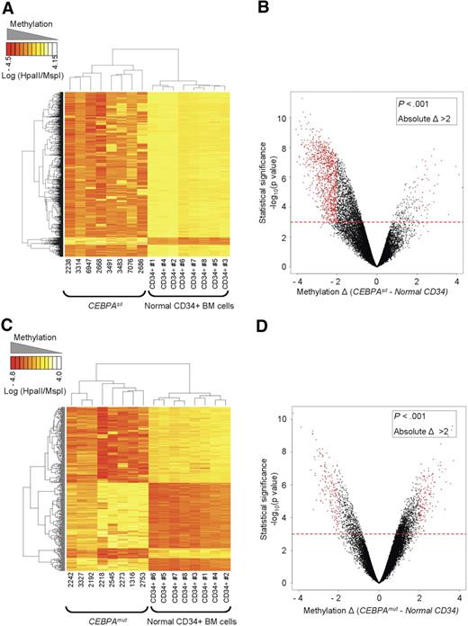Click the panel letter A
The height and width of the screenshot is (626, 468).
click(x=8, y=7)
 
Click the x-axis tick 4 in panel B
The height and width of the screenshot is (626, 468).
click(x=457, y=280)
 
